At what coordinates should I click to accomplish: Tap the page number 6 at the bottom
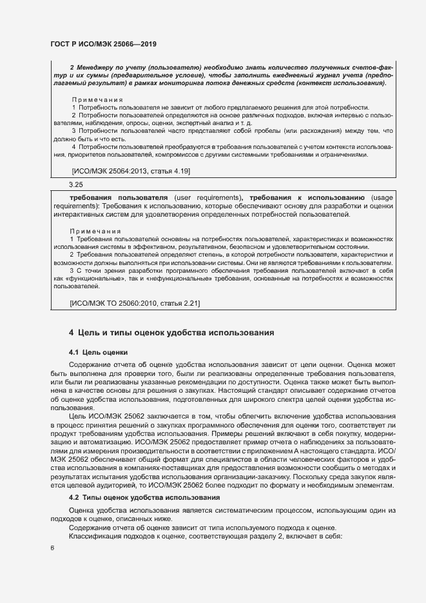(x=52, y=548)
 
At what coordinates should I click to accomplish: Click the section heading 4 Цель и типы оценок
(x=172, y=333)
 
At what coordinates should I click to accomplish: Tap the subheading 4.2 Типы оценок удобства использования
(x=144, y=498)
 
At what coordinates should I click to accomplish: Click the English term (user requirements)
(x=206, y=197)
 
